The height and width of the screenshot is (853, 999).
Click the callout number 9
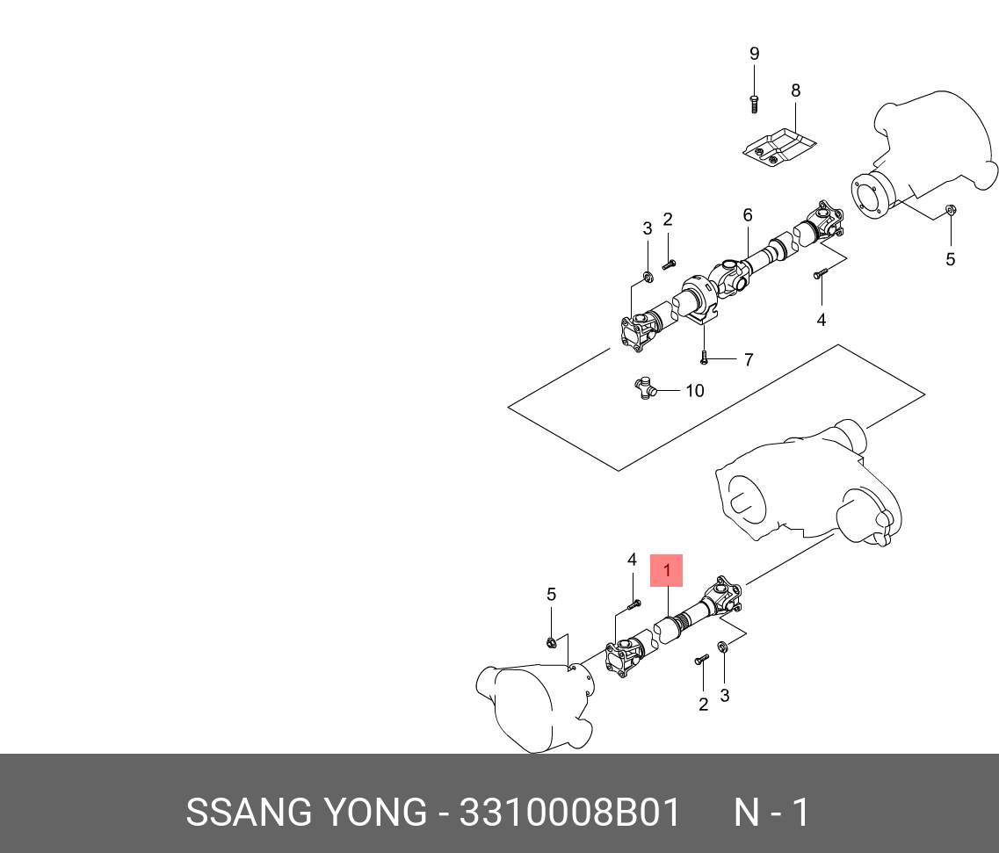(x=754, y=54)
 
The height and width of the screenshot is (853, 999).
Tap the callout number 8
(x=795, y=90)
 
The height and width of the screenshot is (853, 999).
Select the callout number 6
(x=748, y=215)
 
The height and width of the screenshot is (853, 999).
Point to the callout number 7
(x=749, y=359)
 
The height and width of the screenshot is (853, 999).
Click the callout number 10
(x=694, y=390)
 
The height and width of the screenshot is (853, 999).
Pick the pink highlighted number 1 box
(x=666, y=571)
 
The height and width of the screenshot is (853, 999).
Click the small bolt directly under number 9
(x=754, y=104)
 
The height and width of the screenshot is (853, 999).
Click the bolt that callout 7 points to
(x=704, y=358)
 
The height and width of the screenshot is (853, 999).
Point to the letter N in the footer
(x=747, y=813)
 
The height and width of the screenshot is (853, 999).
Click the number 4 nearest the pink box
(x=632, y=560)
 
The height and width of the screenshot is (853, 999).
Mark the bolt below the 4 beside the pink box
(x=634, y=604)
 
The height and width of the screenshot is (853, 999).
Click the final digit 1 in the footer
(x=800, y=813)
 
